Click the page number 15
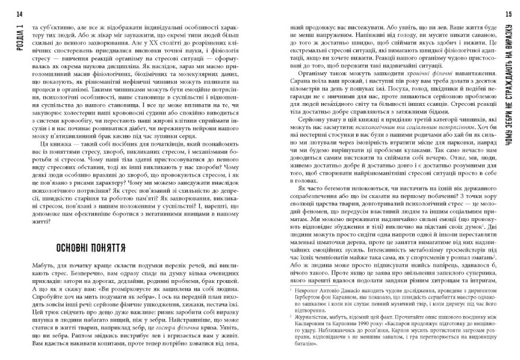point(508,13)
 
